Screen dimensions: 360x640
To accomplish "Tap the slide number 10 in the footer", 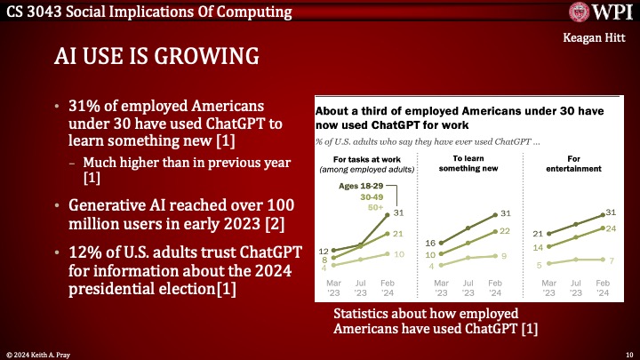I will (626, 353).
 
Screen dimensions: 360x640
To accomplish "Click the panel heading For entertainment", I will (573, 163).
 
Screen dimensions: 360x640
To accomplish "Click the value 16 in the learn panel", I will (429, 243).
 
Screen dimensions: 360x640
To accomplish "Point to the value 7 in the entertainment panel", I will (612, 259).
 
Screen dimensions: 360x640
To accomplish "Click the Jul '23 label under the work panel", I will (362, 287).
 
